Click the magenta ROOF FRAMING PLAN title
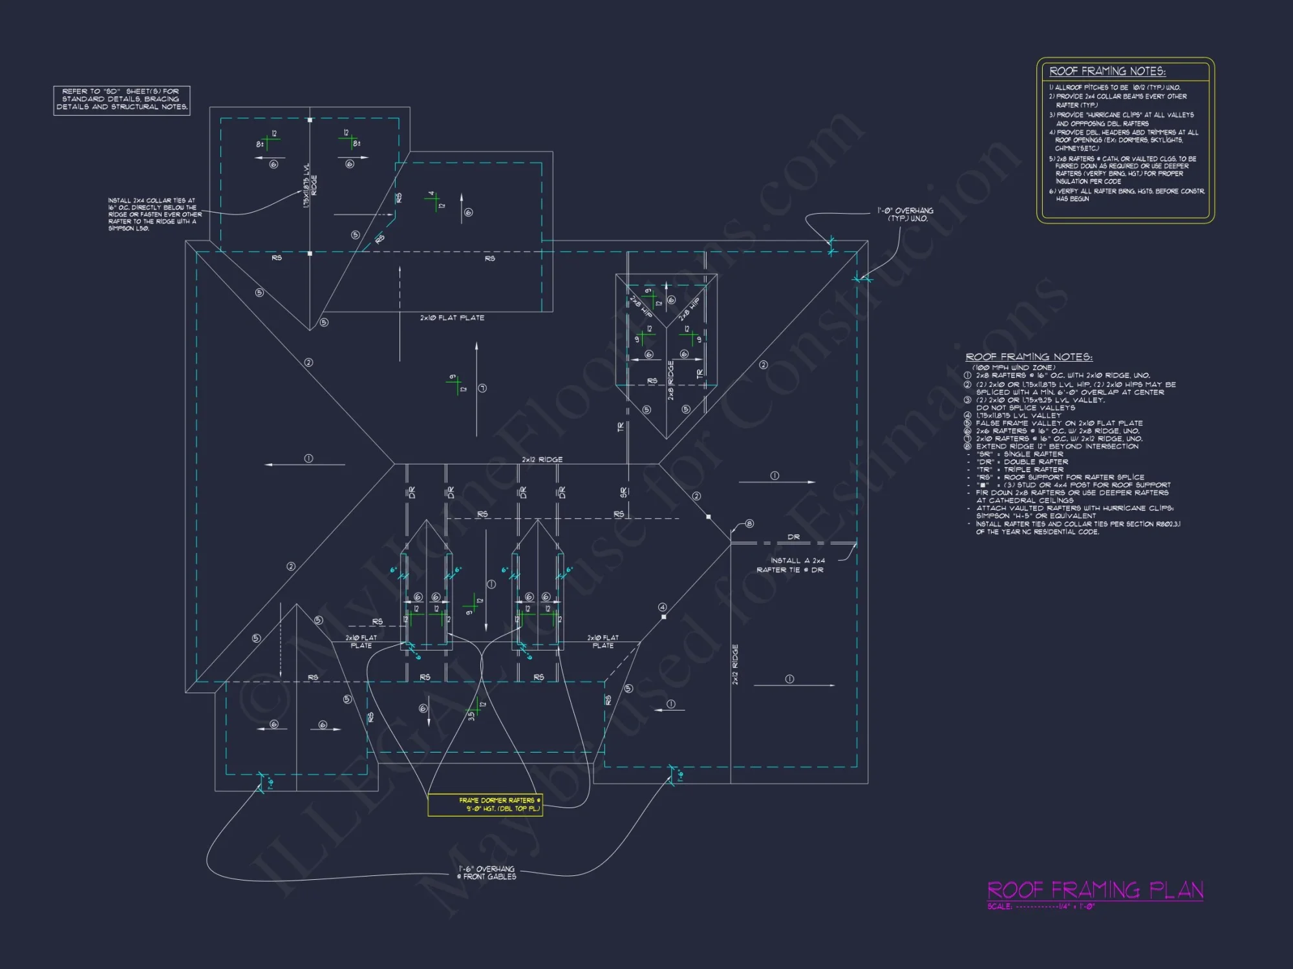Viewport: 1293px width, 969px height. click(1095, 890)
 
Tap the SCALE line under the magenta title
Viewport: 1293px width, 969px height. click(1041, 906)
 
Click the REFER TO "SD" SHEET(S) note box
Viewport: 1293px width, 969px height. click(122, 99)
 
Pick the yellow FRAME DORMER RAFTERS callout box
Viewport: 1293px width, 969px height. click(485, 804)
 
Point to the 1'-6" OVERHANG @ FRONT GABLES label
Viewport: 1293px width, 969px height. click(487, 873)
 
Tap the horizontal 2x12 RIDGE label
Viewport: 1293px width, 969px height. click(542, 459)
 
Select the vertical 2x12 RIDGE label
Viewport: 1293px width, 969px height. click(735, 664)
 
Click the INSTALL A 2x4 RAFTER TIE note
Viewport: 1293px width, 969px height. click(792, 565)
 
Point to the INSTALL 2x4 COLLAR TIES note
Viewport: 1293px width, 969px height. click(155, 214)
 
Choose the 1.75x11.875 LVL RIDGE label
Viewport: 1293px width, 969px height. click(310, 185)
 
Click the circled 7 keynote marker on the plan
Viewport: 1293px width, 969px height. click(482, 388)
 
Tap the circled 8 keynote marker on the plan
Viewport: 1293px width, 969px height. click(749, 524)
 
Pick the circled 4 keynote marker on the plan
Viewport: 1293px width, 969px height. click(662, 607)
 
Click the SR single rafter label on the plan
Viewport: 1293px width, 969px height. click(623, 492)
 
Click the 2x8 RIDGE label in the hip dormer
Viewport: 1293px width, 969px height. click(671, 380)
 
